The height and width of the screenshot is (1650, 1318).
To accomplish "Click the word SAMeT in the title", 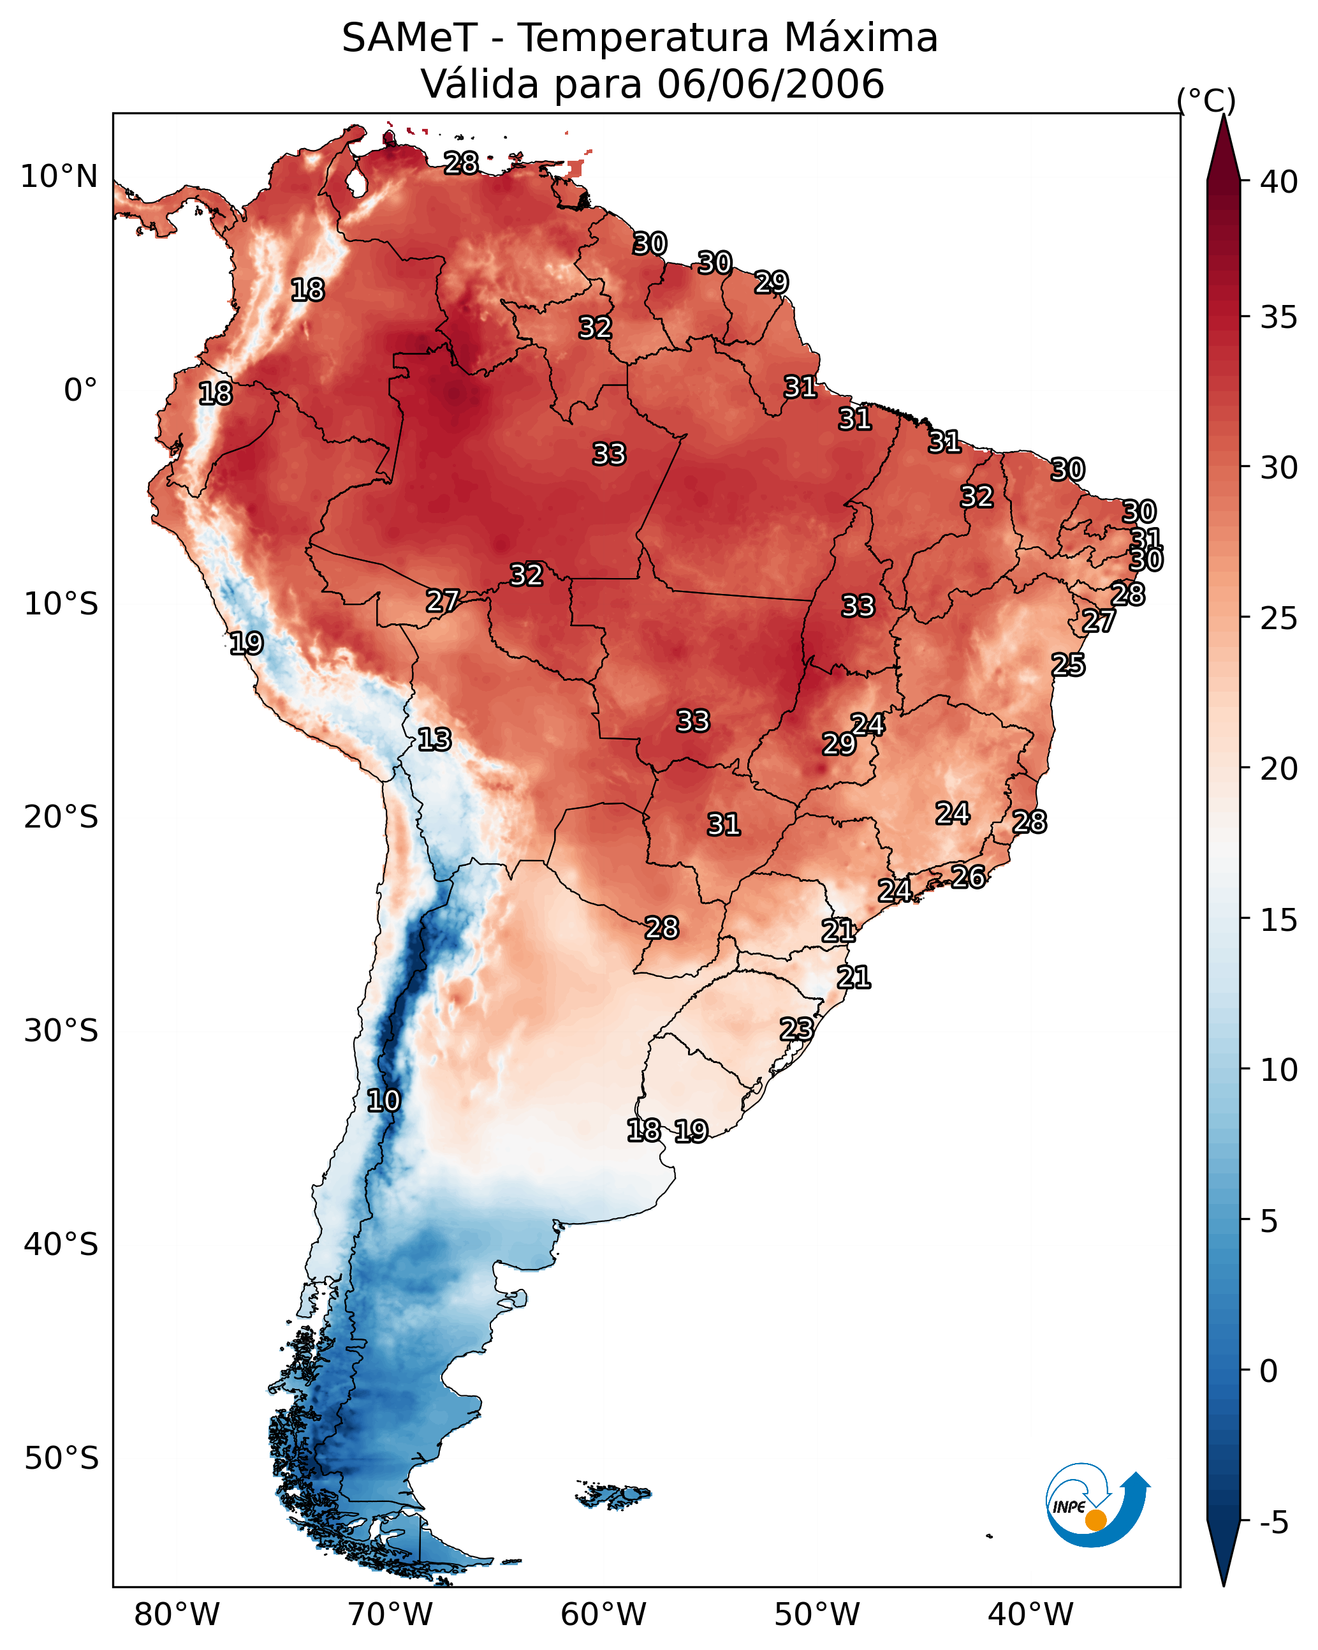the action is tap(409, 38).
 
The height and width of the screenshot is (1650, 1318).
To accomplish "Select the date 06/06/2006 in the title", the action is tap(770, 84).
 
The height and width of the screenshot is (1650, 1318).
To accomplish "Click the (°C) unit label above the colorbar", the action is tap(1206, 101).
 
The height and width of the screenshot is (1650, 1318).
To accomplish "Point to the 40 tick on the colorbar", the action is tap(1279, 182).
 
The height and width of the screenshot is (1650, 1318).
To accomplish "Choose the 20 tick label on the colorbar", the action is tap(1279, 769).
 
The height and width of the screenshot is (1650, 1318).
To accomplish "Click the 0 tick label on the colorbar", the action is tap(1269, 1371).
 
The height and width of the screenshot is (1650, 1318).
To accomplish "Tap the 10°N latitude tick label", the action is tap(59, 177).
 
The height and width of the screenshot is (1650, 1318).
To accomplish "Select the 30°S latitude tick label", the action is tap(61, 1031).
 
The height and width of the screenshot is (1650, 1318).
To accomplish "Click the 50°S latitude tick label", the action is tap(61, 1459).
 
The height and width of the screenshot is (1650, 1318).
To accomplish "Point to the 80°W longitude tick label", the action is tap(177, 1614).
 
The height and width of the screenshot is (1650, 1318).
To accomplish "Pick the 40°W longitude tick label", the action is tap(1030, 1614).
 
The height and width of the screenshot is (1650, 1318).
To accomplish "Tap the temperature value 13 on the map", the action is tap(434, 740).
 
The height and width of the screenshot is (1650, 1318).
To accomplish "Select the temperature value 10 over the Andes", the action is tap(383, 1101).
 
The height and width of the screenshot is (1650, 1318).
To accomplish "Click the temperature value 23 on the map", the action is tap(796, 1029).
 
